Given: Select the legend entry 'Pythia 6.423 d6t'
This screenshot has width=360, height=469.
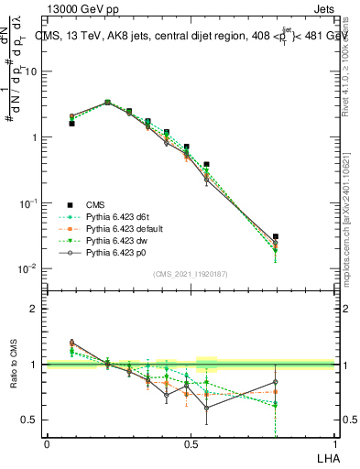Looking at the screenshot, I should point(119,216).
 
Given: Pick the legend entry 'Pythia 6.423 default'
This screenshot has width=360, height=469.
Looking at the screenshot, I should point(125,228).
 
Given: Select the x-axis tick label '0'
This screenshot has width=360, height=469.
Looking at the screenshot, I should point(47,442).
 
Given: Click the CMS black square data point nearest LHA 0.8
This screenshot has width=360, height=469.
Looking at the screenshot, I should point(276,236).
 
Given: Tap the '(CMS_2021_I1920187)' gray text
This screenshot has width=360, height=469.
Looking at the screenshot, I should point(190,272).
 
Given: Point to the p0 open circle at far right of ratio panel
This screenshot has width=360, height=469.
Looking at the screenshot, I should point(276,382).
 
